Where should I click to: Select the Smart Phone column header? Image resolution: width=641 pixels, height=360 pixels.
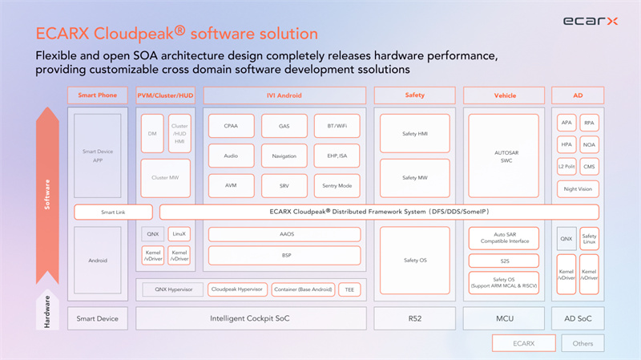point(97,95)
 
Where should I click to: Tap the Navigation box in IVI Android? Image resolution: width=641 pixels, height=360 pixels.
point(284,156)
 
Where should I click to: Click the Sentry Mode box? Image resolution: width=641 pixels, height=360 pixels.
point(337,185)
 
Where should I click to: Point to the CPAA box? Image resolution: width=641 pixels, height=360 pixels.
point(231,126)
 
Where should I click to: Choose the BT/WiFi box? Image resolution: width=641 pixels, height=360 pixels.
point(337,126)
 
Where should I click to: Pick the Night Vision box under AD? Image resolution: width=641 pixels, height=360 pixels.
point(577,189)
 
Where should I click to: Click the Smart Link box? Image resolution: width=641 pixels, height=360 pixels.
point(113,212)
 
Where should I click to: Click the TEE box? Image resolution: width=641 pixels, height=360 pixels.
point(349,289)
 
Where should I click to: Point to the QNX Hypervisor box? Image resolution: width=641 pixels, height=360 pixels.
point(172,289)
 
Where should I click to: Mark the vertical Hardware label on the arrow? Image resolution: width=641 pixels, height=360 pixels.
point(46,312)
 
